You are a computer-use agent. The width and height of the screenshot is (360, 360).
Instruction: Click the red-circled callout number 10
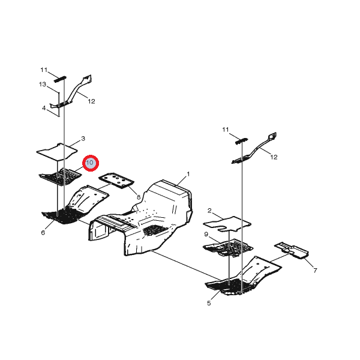pyautogui.click(x=91, y=163)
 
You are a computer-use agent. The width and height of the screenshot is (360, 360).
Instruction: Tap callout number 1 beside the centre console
pyautogui.click(x=188, y=174)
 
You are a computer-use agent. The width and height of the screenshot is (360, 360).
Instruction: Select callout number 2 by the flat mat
pyautogui.click(x=209, y=211)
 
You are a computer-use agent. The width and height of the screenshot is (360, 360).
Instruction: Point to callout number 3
pyautogui.click(x=83, y=139)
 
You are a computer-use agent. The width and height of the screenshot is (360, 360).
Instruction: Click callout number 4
pyautogui.click(x=44, y=108)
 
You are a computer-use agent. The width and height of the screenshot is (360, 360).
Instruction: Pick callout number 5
pyautogui.click(x=209, y=303)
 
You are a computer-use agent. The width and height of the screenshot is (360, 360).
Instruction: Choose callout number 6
pyautogui.click(x=43, y=233)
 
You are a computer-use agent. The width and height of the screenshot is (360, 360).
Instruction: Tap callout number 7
pyautogui.click(x=315, y=271)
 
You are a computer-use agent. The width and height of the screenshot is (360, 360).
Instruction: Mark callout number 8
pyautogui.click(x=139, y=197)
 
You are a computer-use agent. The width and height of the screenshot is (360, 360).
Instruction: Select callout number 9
pyautogui.click(x=206, y=235)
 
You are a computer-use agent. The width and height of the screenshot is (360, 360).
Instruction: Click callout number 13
pyautogui.click(x=43, y=84)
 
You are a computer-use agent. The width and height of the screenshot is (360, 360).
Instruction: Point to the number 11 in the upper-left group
pyautogui.click(x=44, y=70)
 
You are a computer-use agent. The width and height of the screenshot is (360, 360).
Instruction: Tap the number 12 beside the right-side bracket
pyautogui.click(x=274, y=157)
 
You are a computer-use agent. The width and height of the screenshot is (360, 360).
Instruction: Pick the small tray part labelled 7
pyautogui.click(x=292, y=250)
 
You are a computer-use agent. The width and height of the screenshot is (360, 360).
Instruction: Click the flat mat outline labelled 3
pyautogui.click(x=57, y=152)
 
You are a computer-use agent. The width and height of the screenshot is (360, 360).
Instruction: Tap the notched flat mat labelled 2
pyautogui.click(x=227, y=224)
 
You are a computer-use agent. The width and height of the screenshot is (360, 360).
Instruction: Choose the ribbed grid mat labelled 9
pyautogui.click(x=228, y=248)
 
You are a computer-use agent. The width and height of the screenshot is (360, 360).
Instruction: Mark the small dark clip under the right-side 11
pyautogui.click(x=242, y=141)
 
